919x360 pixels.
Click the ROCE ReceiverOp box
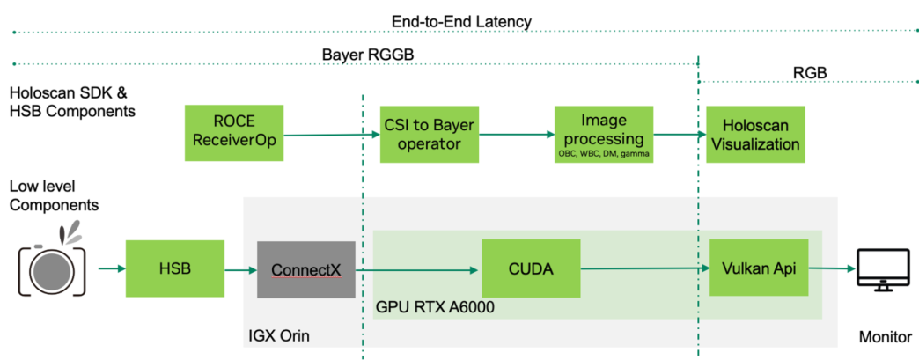point(234,133)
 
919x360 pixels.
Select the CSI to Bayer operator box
point(428,133)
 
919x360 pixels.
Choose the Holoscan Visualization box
point(754,134)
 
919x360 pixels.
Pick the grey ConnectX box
point(305,268)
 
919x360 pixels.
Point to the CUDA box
point(531,268)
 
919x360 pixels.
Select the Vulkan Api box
point(758,268)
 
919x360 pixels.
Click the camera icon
point(52,265)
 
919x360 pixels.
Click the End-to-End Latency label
point(461,21)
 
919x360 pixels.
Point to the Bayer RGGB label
point(367,55)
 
